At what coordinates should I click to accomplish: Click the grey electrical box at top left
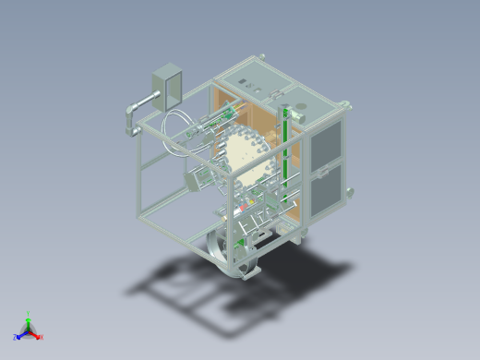167,82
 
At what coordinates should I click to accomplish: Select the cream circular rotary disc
245,157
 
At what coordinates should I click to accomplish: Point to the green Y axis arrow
29,318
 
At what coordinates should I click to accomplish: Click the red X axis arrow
36,335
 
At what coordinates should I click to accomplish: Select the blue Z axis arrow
21,335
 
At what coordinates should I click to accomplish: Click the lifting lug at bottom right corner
349,192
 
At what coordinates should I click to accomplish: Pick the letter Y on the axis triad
29,313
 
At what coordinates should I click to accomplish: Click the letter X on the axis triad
42,337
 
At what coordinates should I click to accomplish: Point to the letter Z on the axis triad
16,337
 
